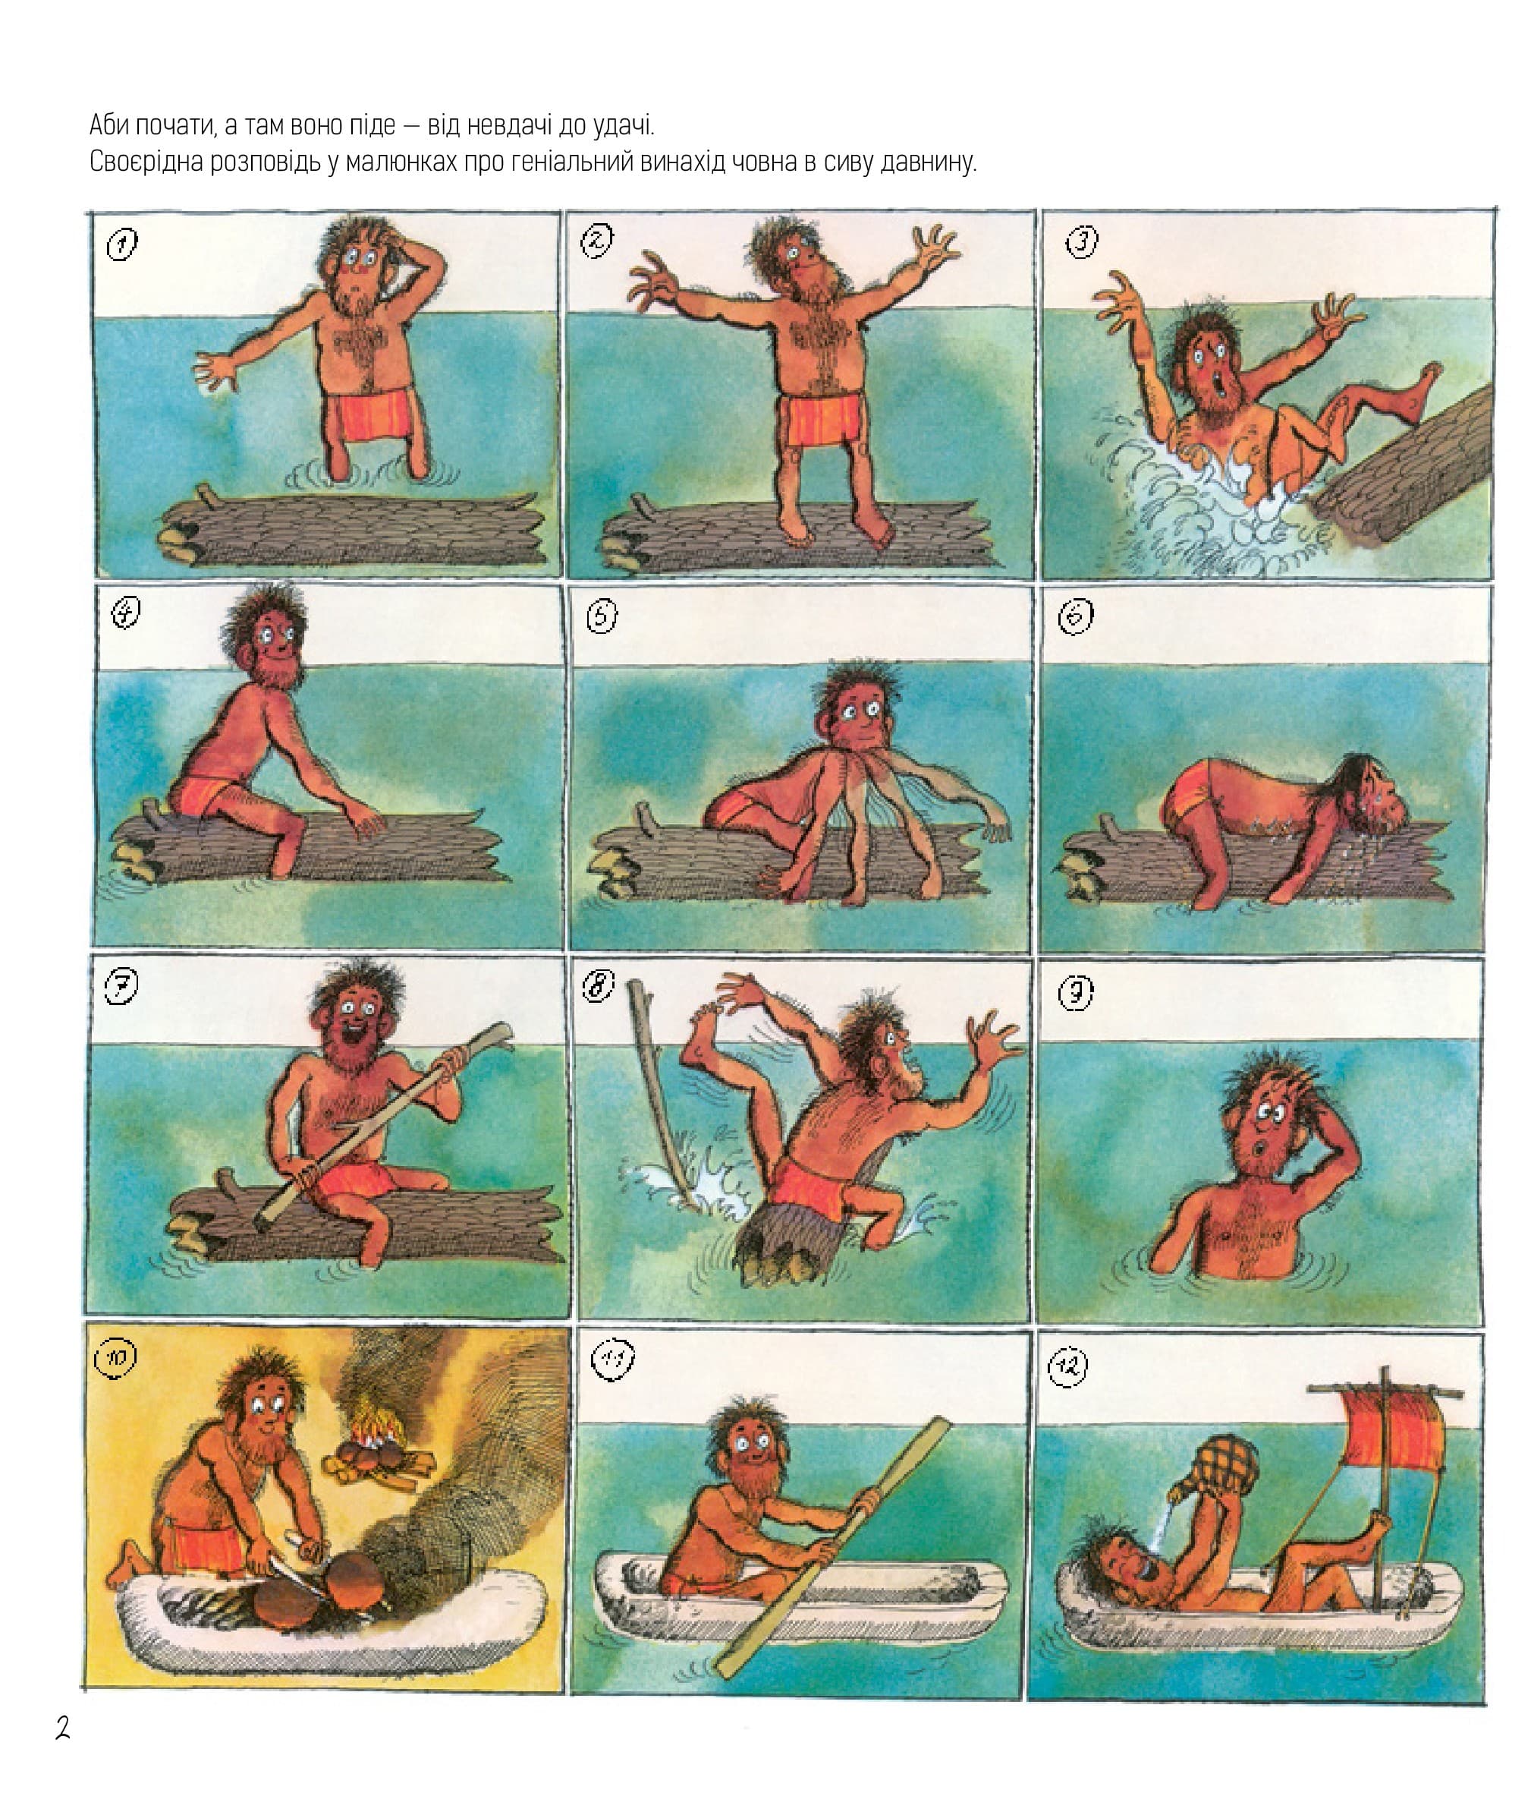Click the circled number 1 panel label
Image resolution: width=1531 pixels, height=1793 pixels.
coord(122,244)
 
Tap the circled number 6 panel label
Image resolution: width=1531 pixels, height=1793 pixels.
coord(1076,617)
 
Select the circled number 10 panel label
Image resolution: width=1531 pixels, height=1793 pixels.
coord(116,1358)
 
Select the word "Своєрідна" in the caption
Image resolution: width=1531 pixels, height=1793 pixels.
coord(149,162)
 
